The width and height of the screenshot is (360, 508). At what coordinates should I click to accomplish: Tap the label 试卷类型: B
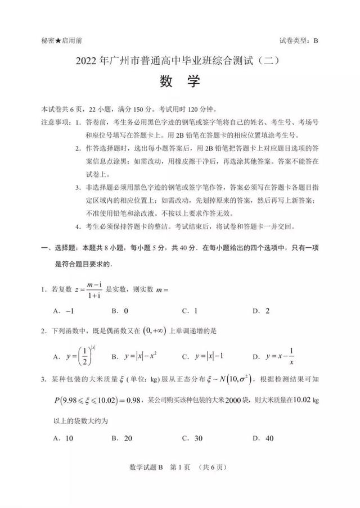tap(298, 40)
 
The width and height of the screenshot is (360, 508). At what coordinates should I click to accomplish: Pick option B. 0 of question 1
tap(120, 310)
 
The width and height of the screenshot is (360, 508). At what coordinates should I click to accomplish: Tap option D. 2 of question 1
tap(261, 310)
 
